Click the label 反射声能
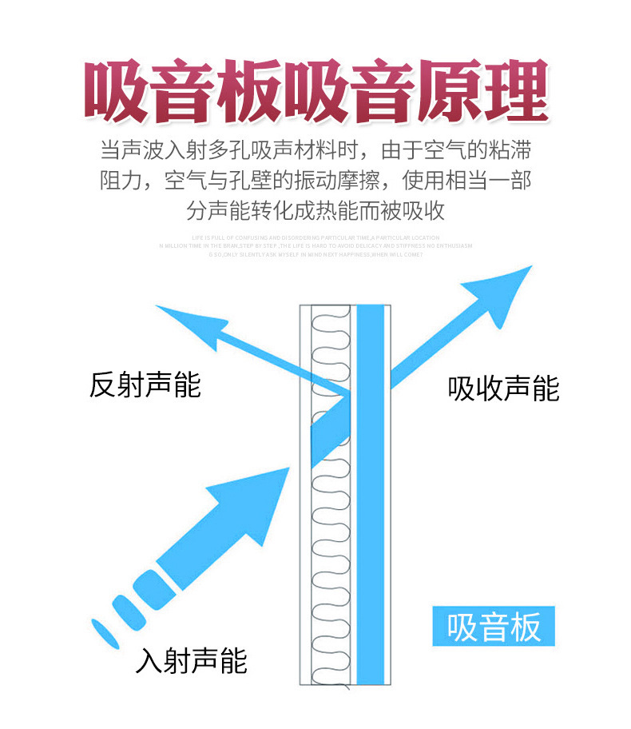click(x=145, y=385)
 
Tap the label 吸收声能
click(x=503, y=389)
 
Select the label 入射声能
click(x=192, y=660)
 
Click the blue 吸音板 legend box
click(x=493, y=627)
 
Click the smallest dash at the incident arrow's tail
click(x=102, y=630)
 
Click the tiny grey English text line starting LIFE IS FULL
click(x=315, y=238)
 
